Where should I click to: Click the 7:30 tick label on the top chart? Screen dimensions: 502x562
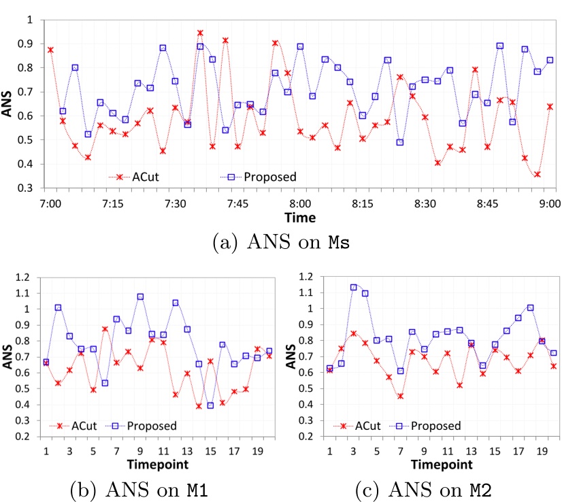176,203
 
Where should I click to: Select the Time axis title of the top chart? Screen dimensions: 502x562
300,218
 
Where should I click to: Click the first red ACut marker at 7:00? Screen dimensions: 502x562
50,50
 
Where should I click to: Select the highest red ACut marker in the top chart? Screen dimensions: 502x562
200,33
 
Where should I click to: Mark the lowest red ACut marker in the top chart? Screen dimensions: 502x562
538,175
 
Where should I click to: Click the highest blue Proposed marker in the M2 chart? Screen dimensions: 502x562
354,287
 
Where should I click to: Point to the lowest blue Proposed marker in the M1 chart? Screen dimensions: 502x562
210,405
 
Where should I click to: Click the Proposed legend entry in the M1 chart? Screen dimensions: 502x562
146,426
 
